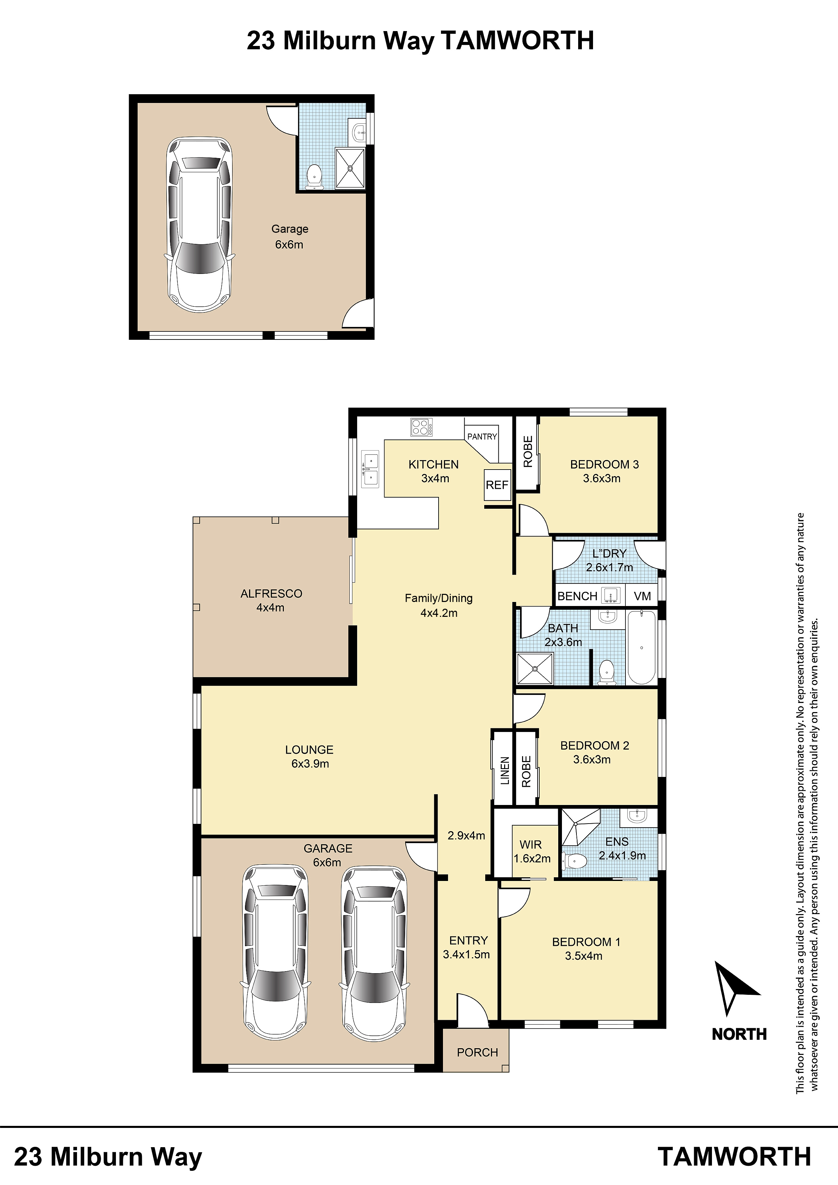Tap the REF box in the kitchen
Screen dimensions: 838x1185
coord(497,485)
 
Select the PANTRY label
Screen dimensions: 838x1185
coord(482,437)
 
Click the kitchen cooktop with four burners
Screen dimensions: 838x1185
coord(421,427)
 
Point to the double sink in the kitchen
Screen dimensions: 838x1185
coord(371,469)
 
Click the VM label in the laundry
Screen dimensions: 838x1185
coord(642,597)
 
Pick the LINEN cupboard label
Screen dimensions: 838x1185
coord(505,770)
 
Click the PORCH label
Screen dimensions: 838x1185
coord(477,1052)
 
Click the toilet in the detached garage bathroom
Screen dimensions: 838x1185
coord(314,177)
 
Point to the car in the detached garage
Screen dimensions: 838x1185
coord(199,225)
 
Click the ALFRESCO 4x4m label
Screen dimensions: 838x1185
coord(271,600)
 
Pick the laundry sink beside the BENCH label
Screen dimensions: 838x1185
coord(611,595)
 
